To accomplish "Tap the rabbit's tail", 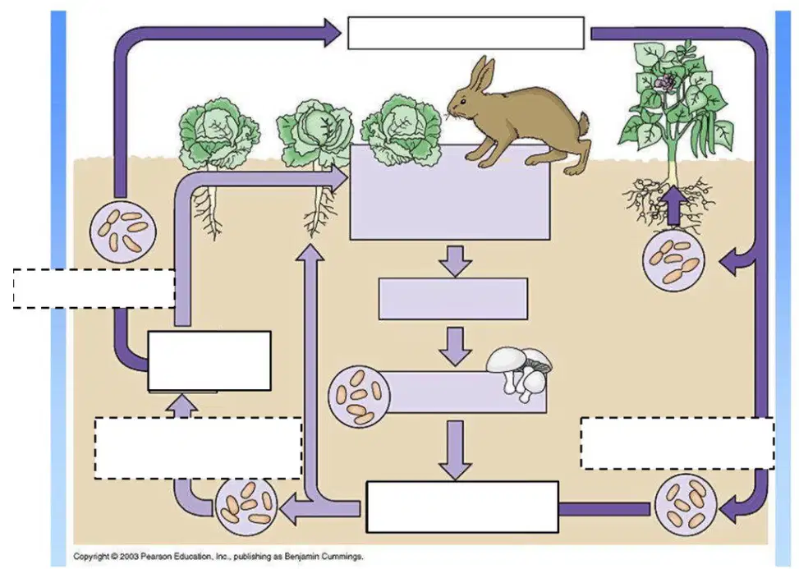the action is click(x=585, y=125).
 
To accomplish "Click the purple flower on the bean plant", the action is click(x=665, y=83).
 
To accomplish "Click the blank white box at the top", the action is click(x=466, y=33).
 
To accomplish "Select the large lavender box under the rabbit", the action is click(x=450, y=192).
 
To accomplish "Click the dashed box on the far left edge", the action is click(x=94, y=288).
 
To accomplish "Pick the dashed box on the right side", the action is click(x=677, y=443).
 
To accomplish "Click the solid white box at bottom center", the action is click(x=462, y=507).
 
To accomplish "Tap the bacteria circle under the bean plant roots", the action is click(x=673, y=259).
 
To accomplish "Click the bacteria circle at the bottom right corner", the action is click(x=686, y=505).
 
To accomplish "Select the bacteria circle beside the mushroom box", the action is click(x=359, y=396).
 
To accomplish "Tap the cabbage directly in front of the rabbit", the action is click(x=401, y=130).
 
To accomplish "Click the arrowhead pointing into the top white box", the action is click(x=332, y=33).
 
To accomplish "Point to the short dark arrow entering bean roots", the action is click(x=673, y=205).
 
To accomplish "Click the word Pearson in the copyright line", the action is click(x=155, y=556).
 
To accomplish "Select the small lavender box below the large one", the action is click(x=453, y=299).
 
